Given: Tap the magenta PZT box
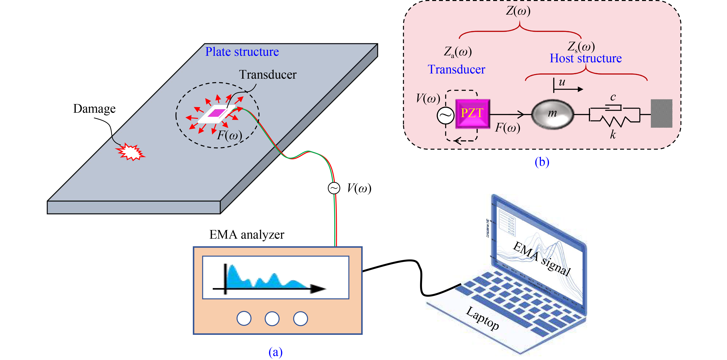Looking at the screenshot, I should click(x=472, y=113).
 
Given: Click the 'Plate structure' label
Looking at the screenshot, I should click(x=242, y=52).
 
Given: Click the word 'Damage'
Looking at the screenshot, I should click(x=94, y=109).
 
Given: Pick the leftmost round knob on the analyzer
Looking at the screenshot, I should click(x=244, y=318).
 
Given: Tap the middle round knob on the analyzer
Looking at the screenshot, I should click(x=272, y=318).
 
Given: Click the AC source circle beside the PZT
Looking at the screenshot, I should click(x=445, y=115).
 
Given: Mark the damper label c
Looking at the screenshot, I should click(x=613, y=97).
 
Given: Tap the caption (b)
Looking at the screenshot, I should click(x=542, y=162).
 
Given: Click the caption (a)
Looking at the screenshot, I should click(x=275, y=352).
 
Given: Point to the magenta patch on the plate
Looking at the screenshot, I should click(x=216, y=113).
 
